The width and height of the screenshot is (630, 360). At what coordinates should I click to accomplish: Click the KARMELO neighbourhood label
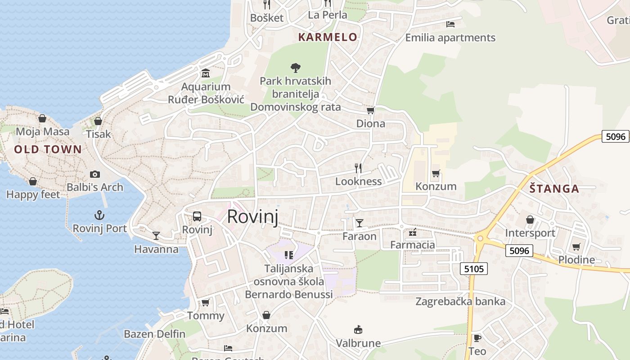coord(328,37)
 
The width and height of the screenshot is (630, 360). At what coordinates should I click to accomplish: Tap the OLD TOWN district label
coord(48,149)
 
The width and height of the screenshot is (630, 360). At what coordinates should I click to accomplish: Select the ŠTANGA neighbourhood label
coord(554,189)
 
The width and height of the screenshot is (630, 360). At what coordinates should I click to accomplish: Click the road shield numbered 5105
coord(474,269)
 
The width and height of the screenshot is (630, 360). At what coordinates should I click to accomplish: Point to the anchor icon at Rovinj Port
coord(99,215)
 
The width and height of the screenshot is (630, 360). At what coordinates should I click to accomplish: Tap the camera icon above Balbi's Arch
coord(94,174)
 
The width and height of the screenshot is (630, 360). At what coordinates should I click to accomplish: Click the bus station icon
coord(197,216)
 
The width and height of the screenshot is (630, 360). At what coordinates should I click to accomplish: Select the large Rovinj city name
coord(252,216)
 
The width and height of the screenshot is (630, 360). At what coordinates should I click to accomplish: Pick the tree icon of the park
coord(295,68)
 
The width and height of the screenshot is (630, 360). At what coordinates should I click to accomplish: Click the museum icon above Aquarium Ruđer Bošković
coord(206,73)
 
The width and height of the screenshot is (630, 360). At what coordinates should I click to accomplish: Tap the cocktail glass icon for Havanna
coord(156,235)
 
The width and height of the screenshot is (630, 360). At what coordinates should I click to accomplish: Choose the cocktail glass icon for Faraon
coord(359,223)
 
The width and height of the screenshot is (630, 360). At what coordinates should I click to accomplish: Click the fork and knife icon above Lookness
coord(358,168)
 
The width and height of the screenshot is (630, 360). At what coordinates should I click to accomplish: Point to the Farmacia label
coord(413,245)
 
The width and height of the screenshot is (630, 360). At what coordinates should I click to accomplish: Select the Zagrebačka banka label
coord(460,301)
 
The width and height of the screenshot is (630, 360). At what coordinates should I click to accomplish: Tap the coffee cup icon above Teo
coord(477,338)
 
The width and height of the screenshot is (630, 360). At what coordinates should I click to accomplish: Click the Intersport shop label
coord(530,233)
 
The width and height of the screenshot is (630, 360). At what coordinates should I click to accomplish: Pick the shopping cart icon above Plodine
coord(576,247)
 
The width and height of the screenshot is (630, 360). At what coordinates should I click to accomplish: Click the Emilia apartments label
coord(450,38)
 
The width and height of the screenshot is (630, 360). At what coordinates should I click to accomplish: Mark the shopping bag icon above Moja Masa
coord(42,118)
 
